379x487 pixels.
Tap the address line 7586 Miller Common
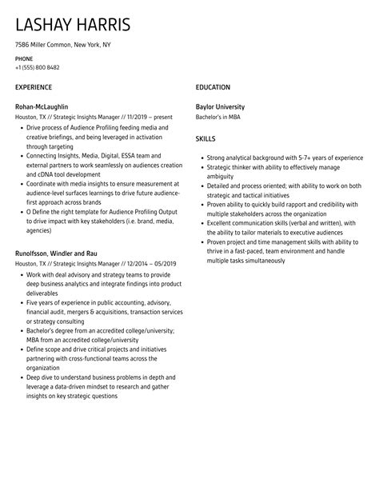tap(63, 45)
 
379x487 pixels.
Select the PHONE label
tap(24, 58)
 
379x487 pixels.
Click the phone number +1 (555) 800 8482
tap(37, 67)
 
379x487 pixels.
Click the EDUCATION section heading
tap(213, 87)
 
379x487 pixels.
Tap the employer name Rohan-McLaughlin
tap(42, 106)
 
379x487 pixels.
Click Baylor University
tap(220, 106)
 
